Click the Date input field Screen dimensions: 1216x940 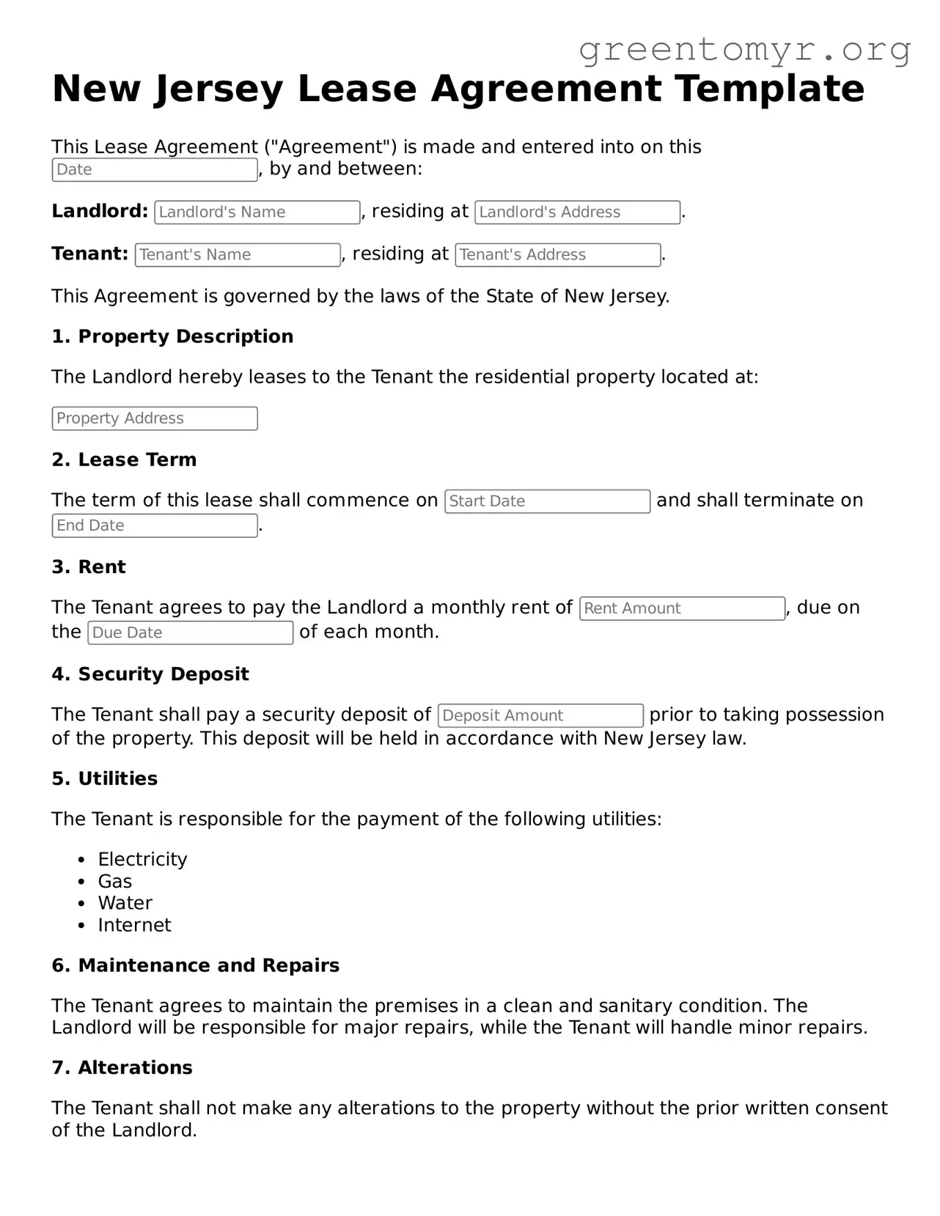point(155,170)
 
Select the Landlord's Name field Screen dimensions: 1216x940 point(257,213)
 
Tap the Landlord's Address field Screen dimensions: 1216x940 point(577,213)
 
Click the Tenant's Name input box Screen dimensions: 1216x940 point(238,255)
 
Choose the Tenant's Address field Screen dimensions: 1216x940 point(557,255)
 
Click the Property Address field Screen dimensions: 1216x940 point(155,419)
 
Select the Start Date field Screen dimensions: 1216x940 point(547,501)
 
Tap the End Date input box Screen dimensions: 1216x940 point(155,526)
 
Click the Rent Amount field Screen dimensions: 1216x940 point(682,608)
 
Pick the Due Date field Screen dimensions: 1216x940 point(191,633)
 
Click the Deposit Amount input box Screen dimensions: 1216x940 point(540,715)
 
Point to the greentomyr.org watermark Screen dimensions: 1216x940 point(745,50)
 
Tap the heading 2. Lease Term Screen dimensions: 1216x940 point(124,460)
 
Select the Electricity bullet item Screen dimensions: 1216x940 point(142,859)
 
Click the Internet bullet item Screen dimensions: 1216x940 point(134,925)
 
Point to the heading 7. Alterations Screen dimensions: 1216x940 point(122,1067)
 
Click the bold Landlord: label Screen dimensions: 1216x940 point(100,211)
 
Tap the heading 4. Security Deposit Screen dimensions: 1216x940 point(150,674)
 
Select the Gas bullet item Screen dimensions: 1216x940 point(115,881)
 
